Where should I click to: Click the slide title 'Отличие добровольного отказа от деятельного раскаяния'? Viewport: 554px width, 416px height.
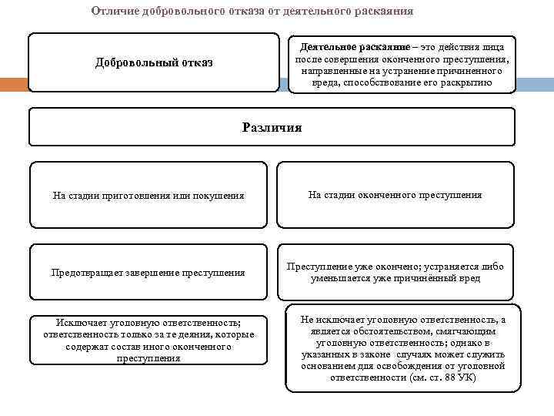(252, 12)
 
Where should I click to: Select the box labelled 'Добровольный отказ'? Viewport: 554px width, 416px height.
(154, 62)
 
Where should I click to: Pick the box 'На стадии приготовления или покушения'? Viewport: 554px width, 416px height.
(148, 196)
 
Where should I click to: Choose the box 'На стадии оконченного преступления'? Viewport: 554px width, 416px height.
(395, 195)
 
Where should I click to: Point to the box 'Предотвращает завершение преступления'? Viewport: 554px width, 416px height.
(148, 272)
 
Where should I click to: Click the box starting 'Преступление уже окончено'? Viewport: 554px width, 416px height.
(395, 272)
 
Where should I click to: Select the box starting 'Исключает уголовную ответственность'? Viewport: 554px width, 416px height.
(149, 340)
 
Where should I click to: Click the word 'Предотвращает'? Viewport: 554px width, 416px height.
(82, 272)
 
